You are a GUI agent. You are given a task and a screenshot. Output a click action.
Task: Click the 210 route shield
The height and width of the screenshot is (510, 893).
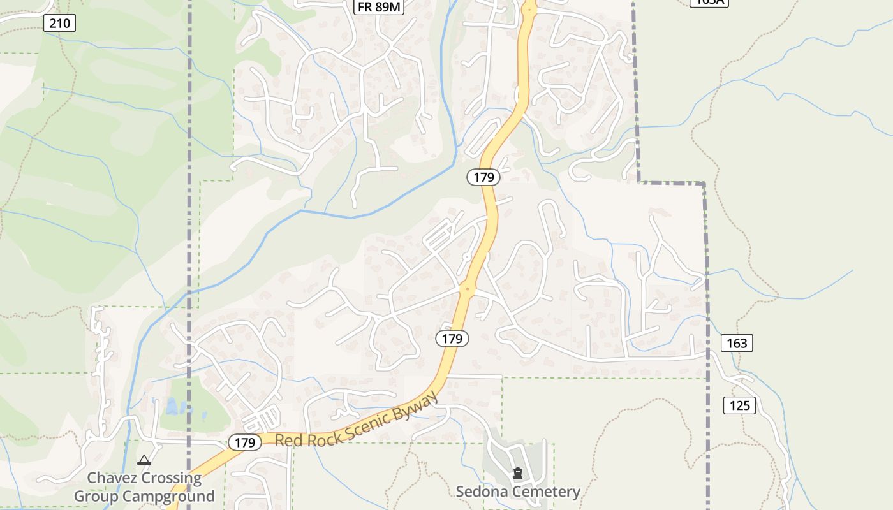(x=60, y=24)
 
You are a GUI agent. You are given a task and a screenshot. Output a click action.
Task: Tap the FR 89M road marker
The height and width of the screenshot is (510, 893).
(x=380, y=6)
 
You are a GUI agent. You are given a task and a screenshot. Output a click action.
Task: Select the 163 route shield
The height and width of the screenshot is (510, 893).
(x=737, y=343)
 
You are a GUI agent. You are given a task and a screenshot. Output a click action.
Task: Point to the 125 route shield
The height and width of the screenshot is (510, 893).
(x=739, y=405)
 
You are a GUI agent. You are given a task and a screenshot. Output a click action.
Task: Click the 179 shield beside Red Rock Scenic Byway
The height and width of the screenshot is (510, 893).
(x=245, y=442)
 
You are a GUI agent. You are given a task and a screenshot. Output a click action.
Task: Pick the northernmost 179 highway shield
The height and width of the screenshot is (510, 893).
(x=483, y=177)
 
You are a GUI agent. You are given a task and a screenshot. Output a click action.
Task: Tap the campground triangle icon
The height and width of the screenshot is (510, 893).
(x=144, y=460)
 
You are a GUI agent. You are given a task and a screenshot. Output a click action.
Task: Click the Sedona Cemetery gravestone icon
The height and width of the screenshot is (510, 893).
(x=518, y=474)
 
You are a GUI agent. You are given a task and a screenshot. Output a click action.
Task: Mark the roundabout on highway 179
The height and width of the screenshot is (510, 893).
(x=468, y=289)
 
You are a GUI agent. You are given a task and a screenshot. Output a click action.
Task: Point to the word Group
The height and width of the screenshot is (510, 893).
(x=96, y=496)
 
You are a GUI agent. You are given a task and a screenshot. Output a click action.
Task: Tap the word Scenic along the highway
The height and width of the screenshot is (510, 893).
(x=369, y=425)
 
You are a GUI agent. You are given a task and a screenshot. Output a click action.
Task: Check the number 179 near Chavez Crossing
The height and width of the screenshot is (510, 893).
(x=245, y=442)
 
